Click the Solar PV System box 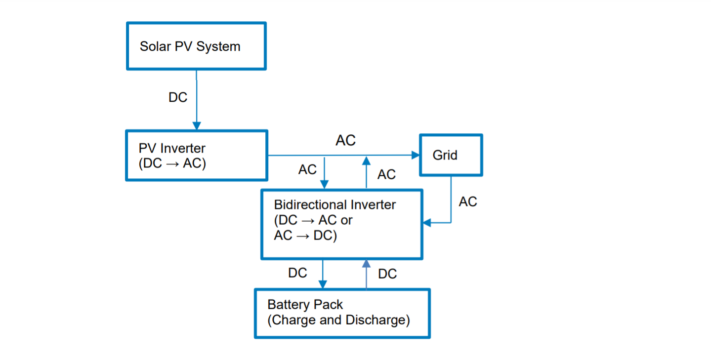coord(196,46)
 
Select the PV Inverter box coord(196,156)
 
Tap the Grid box coord(451,155)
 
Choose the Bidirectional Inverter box coord(341,224)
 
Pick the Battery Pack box coord(342,313)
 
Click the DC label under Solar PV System coord(178,97)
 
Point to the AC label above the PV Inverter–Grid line coord(345,141)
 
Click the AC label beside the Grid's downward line coord(467,201)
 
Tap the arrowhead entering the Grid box coord(415,155)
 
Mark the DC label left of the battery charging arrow coord(297,273)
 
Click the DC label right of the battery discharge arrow coord(387,274)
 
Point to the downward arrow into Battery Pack coord(323,275)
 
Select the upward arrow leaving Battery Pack coord(366,274)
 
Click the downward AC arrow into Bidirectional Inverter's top coord(325,173)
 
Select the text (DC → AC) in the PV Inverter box coord(172,163)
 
